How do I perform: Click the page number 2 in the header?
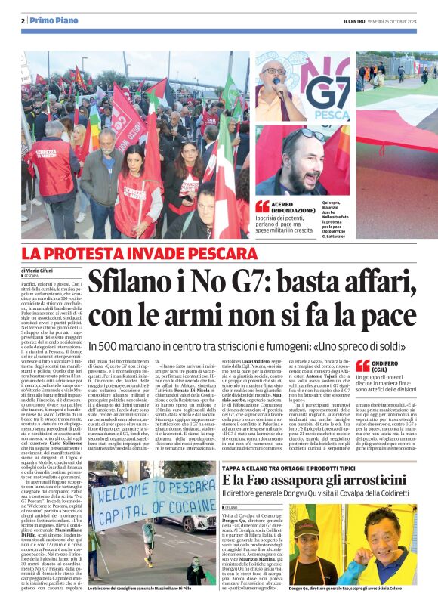(x=23, y=20)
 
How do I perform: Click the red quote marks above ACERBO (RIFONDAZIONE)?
(x=262, y=206)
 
